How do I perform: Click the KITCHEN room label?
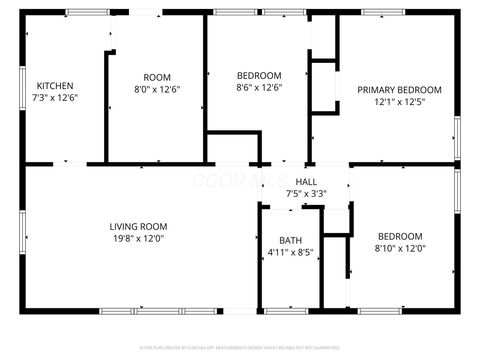point(55,85)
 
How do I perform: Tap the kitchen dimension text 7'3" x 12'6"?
point(55,98)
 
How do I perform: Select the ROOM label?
point(157,77)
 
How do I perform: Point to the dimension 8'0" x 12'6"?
point(157,90)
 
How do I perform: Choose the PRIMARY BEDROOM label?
point(399,89)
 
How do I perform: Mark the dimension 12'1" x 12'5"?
point(399,102)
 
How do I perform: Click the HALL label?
point(305,181)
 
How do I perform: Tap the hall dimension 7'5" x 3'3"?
point(305,193)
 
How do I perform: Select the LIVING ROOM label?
point(138,226)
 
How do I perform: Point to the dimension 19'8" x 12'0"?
point(138,239)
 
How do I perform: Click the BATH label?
point(290,240)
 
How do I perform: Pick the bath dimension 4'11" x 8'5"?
point(290,253)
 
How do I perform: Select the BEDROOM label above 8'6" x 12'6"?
point(258,75)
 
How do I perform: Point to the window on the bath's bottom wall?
point(285,311)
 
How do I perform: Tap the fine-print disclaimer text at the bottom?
point(240,348)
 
